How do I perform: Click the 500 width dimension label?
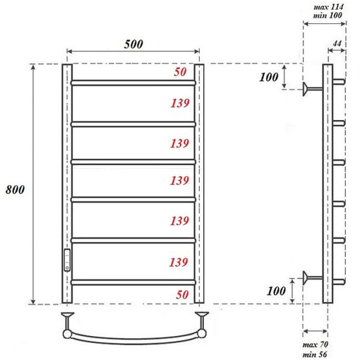pos(133,45)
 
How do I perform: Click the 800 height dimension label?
pos(15,189)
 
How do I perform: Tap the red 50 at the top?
pos(181,72)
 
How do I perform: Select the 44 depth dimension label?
pos(337,43)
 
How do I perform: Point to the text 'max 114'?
pos(330,7)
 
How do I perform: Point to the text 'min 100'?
pos(330,16)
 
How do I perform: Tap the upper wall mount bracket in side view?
pos(310,88)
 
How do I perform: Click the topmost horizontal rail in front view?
pos(133,83)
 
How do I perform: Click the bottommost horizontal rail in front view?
pos(133,282)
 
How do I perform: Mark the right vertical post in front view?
pos(199,183)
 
